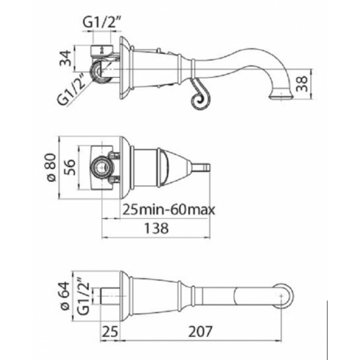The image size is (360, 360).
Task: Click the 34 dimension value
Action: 66,58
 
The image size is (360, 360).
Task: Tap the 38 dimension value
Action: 302,84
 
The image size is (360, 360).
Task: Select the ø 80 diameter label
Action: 51,168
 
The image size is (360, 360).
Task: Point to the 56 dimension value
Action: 70,167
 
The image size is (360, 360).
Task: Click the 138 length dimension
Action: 156,228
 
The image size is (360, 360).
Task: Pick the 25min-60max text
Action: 169,210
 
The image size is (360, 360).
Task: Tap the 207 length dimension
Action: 200,331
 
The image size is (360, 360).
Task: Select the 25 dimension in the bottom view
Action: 110,331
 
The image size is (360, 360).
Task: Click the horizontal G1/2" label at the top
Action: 101,23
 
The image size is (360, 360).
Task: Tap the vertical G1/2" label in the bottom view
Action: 84,296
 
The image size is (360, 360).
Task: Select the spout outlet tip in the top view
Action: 282,96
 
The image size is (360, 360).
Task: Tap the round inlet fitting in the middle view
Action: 102,166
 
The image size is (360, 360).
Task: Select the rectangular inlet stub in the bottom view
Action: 109,296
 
